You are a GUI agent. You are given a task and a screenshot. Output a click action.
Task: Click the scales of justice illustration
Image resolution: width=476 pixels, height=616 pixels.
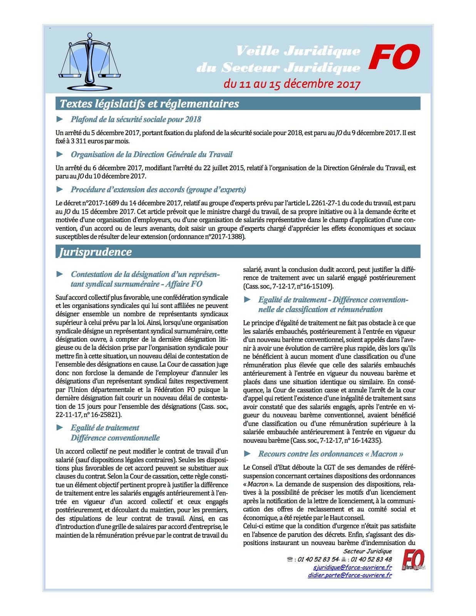coord(90,60)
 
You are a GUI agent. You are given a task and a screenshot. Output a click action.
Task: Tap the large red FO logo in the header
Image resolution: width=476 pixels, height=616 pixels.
coord(394,57)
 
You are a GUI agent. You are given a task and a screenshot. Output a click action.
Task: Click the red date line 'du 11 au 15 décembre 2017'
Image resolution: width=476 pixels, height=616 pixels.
coord(292,84)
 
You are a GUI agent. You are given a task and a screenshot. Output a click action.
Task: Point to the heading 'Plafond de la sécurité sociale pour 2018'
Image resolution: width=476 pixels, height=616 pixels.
coord(136,119)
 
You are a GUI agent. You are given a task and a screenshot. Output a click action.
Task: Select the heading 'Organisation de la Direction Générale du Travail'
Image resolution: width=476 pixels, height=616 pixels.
coord(151,154)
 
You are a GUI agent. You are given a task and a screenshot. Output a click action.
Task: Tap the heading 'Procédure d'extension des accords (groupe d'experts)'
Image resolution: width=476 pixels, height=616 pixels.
coord(158,189)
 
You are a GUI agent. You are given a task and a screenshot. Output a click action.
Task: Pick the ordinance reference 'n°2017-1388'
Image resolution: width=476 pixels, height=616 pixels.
coord(225,237)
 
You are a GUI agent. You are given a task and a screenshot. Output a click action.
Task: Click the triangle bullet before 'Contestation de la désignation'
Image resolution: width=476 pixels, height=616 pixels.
coord(60,274)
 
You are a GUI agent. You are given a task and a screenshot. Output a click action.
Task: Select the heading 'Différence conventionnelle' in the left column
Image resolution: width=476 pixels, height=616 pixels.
coord(115,438)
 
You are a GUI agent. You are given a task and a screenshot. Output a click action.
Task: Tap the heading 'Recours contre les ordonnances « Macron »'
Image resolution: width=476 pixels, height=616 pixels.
coord(330,454)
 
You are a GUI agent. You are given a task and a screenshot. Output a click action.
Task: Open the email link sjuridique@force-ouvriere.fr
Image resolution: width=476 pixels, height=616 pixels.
coord(352,567)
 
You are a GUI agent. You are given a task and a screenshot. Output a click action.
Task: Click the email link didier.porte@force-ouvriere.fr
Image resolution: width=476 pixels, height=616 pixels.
coord(350,575)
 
